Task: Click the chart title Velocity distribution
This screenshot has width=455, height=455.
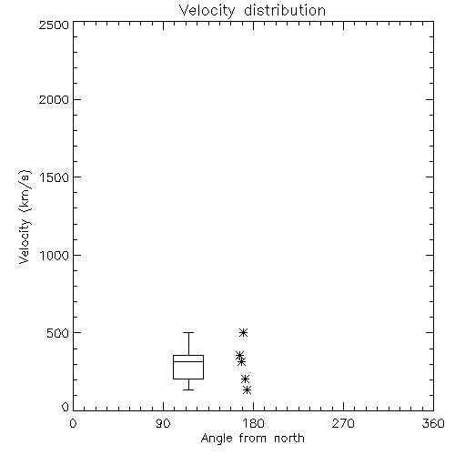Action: pos(252,11)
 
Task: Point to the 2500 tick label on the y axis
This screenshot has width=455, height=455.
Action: pos(54,25)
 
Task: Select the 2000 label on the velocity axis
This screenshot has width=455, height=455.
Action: pos(54,99)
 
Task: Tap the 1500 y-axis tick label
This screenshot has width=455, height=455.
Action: pos(55,177)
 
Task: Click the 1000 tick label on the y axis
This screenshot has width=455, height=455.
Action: pos(55,256)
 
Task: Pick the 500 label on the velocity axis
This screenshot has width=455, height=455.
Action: pos(58,333)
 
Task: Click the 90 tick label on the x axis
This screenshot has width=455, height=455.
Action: pos(163,423)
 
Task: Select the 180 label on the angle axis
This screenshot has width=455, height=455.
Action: pos(253,423)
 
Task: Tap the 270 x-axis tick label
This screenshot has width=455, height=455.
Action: pos(343,423)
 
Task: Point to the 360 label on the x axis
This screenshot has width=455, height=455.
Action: pos(433,423)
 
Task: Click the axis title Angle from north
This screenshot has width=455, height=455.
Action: pos(253,439)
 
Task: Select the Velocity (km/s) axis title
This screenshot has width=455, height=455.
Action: pos(25,217)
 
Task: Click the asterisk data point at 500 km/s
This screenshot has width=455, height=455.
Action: pos(243,333)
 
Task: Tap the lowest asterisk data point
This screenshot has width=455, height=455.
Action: pos(248,389)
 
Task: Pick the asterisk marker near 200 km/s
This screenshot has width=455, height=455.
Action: pos(245,379)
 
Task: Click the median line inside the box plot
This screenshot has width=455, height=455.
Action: pos(188,361)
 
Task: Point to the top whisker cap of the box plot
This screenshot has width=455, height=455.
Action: pos(188,333)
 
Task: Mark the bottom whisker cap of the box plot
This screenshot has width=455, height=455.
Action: pos(188,389)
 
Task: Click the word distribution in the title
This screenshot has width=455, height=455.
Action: pos(285,11)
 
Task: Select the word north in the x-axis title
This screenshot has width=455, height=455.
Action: pos(289,439)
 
